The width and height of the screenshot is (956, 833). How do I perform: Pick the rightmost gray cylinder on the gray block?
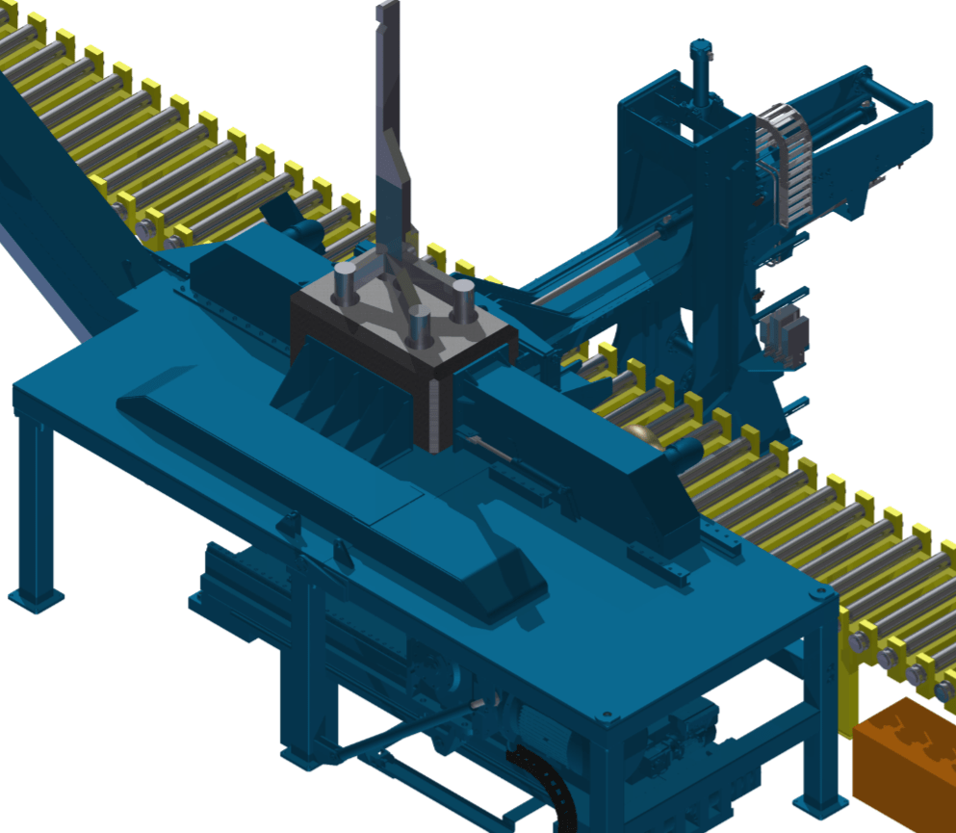(463, 298)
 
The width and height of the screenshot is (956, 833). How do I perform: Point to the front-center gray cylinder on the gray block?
(419, 327)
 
